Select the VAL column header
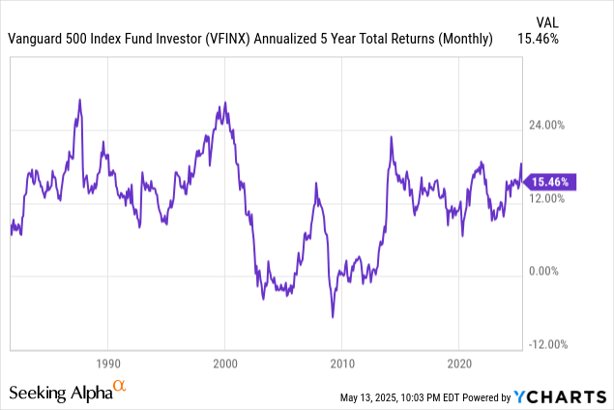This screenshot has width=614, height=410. tap(546, 20)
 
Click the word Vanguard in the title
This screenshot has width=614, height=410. tap(36, 39)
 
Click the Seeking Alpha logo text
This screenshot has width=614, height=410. tap(60, 393)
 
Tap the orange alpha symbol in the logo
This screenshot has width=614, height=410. tap(121, 387)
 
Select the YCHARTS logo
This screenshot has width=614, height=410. tap(560, 395)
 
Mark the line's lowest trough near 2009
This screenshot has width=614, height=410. tap(333, 316)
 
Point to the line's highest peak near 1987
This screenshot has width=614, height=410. tap(79, 100)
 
